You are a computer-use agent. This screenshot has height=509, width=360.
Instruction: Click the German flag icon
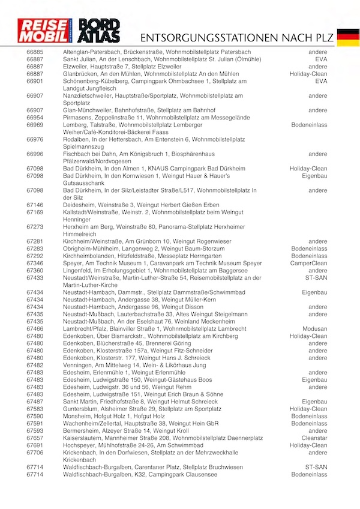click(348, 37)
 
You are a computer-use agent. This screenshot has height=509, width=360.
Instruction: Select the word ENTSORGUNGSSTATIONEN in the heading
click(208, 37)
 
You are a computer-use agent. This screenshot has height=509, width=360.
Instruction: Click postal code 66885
click(35, 52)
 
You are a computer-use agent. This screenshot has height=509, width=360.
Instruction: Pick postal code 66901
click(35, 81)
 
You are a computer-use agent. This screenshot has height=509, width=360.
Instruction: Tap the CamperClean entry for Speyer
click(309, 264)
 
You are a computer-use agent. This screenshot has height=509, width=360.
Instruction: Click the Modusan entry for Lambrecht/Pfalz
click(315, 329)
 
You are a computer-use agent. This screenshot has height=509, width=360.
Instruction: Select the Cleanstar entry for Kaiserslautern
click(314, 438)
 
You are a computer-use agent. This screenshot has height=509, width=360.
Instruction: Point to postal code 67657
click(35, 438)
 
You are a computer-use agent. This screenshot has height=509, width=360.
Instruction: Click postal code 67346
click(35, 264)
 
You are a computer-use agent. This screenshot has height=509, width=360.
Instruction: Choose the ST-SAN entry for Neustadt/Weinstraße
click(316, 278)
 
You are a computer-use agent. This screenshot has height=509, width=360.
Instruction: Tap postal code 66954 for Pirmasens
click(35, 118)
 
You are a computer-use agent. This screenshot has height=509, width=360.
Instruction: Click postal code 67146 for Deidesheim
click(35, 205)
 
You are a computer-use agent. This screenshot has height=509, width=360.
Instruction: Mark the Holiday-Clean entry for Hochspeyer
click(308, 445)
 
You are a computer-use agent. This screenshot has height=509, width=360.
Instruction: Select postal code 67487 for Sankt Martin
click(35, 402)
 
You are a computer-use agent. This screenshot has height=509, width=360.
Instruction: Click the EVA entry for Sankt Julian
click(321, 59)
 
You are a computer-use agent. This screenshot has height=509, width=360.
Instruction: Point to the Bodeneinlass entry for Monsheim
click(309, 416)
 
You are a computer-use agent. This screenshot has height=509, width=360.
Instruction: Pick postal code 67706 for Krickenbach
click(35, 453)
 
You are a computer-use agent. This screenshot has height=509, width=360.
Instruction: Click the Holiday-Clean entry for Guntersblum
click(308, 409)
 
